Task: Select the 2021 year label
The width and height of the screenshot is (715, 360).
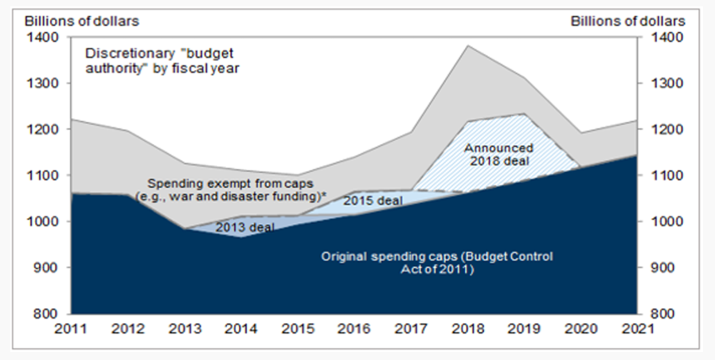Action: tap(636, 329)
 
